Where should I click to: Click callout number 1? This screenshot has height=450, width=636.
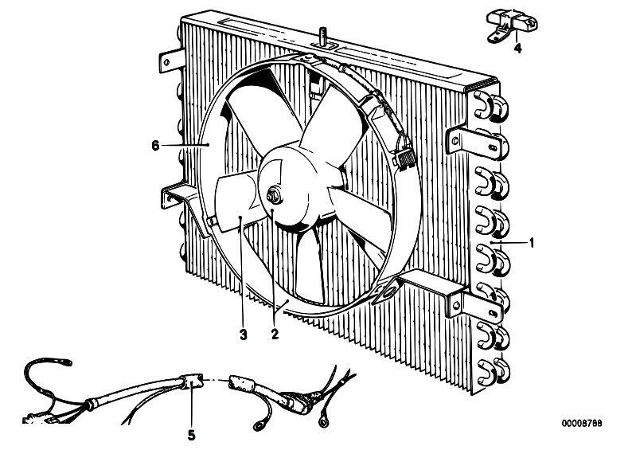tap(532, 243)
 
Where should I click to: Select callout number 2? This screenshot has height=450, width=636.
tap(275, 335)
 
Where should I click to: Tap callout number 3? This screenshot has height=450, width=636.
tap(243, 335)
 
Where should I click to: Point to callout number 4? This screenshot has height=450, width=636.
tap(518, 49)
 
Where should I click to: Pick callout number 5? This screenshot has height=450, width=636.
tap(192, 436)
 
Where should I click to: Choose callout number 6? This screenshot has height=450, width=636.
tap(155, 145)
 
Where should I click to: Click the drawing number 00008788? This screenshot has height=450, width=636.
tap(582, 423)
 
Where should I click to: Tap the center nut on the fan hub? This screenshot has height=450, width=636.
tap(274, 195)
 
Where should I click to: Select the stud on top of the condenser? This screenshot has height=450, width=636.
tap(323, 36)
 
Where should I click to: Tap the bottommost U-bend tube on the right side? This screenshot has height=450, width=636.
tap(493, 372)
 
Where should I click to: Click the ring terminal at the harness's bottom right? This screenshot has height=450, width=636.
tap(324, 421)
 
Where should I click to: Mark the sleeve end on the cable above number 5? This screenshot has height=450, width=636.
tap(192, 381)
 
